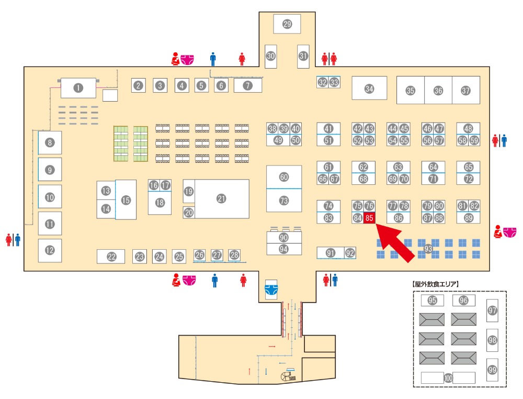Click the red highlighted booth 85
tap(369, 218)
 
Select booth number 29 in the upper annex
tap(287, 24)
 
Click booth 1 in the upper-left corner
tap(78, 88)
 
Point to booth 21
tap(221, 198)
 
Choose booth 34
tap(369, 88)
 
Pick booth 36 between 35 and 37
tap(438, 91)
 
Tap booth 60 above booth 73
tap(284, 177)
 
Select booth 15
tap(126, 199)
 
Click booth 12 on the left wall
tap(50, 250)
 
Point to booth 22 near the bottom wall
tap(111, 257)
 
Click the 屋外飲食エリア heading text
tap(436, 284)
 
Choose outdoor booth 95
tap(432, 301)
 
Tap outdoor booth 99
tap(492, 370)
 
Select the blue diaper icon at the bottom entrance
tap(270, 287)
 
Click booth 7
tap(247, 85)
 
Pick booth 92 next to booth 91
tap(350, 253)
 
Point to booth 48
tap(468, 128)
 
